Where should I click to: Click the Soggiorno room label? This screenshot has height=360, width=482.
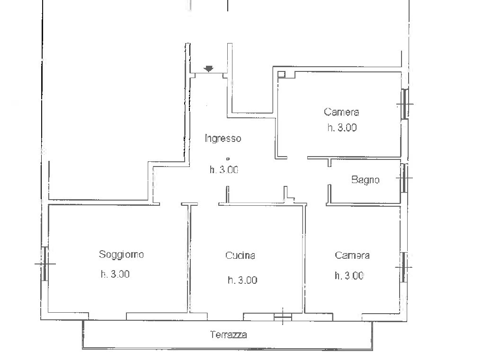[121, 255]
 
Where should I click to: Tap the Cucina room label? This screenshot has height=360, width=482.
[240, 255]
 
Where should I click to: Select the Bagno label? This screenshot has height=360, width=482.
[365, 180]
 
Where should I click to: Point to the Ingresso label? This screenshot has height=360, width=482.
[223, 138]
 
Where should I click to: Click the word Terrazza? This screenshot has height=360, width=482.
[228, 334]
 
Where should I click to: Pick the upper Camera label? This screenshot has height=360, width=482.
[341, 112]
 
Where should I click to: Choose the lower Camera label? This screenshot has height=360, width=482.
[352, 255]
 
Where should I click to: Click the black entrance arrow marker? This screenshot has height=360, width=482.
[209, 69]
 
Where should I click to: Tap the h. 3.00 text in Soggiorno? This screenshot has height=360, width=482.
[115, 274]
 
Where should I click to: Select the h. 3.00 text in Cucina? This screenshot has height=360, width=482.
[242, 280]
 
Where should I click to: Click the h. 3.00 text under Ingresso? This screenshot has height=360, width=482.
[224, 169]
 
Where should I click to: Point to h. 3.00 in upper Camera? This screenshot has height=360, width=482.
[342, 127]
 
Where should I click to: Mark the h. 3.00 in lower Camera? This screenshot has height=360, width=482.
[349, 276]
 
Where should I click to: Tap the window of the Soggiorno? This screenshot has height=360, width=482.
[45, 263]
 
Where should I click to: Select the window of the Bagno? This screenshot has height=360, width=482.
[404, 178]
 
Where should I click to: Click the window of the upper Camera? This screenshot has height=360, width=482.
[405, 104]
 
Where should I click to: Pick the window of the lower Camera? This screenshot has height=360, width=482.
[404, 267]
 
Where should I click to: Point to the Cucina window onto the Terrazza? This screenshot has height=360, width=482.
[283, 316]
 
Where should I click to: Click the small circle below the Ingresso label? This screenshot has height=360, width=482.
[228, 159]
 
